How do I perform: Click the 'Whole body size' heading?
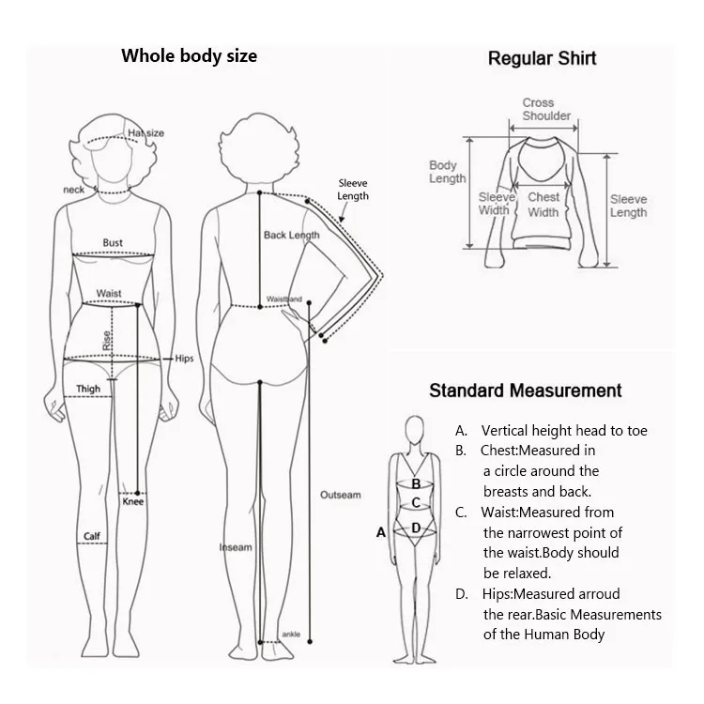[189, 55]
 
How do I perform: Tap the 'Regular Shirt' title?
[542, 58]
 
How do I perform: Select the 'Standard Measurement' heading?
[526, 390]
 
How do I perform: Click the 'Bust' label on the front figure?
[113, 243]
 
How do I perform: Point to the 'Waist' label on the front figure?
[109, 294]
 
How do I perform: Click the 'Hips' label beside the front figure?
[184, 359]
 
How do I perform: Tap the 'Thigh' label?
[88, 389]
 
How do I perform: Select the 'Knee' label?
[133, 502]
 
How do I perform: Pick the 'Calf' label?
[91, 537]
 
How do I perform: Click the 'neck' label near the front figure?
[74, 190]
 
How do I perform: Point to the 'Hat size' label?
[146, 133]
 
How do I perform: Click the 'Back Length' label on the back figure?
[291, 235]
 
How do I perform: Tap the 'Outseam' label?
[340, 495]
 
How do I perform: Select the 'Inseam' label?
[236, 547]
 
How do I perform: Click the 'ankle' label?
[291, 635]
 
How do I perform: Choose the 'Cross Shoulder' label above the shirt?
[546, 109]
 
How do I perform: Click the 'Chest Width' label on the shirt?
[543, 205]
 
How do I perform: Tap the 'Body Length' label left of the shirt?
[448, 172]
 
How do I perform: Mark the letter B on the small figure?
[415, 483]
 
